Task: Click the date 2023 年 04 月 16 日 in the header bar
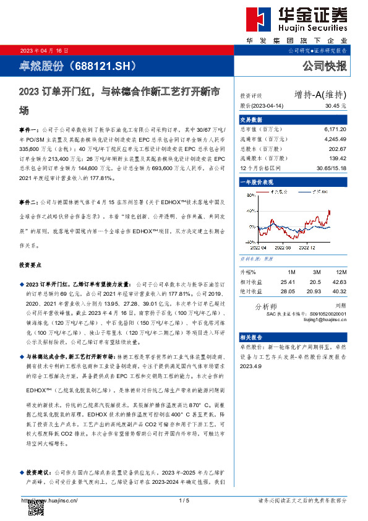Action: click(45, 50)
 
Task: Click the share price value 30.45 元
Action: click(335, 105)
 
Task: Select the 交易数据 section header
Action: click(252, 119)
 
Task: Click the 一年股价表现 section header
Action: click(256, 183)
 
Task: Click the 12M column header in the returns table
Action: click(340, 272)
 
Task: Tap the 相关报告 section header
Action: click(252, 337)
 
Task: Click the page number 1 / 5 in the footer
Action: click(183, 500)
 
